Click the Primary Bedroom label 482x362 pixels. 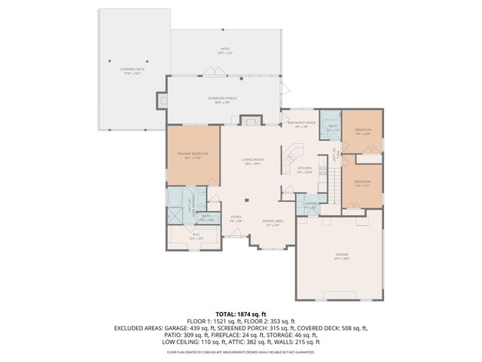(193, 155)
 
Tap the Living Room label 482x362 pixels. (252, 161)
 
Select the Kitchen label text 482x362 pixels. (304, 169)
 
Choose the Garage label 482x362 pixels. (342, 256)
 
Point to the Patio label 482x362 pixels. (225, 51)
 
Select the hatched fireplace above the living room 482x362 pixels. (252, 121)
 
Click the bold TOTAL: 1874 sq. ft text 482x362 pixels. (241, 313)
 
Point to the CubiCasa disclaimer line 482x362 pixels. (241, 351)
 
